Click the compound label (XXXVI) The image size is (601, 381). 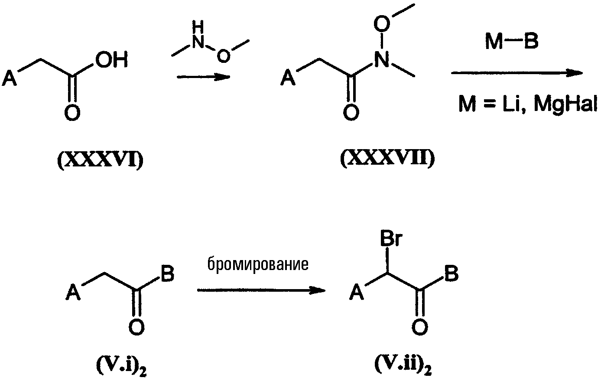coord(100,161)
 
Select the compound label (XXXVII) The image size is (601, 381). coord(387,159)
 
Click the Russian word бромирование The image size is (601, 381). coord(258,264)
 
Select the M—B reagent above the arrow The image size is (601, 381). coord(512,42)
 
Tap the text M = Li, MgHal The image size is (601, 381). coord(527,104)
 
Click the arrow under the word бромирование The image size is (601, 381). coord(261,290)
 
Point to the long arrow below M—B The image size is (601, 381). coord(517,73)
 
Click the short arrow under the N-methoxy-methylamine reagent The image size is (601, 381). coord(203,77)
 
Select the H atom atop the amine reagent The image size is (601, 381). coord(198,27)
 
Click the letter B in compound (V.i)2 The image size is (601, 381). coord(167,274)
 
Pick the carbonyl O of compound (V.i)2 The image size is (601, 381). coord(136,327)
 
